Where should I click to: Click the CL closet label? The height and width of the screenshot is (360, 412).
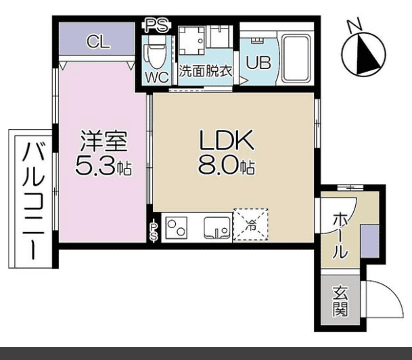pyautogui.click(x=98, y=42)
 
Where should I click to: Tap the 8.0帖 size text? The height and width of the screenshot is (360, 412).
pyautogui.click(x=225, y=164)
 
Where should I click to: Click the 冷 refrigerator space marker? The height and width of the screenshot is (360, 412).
pyautogui.click(x=250, y=225)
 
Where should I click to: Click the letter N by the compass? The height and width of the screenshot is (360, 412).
pyautogui.click(x=352, y=26)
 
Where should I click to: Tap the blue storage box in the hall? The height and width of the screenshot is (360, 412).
pyautogui.click(x=369, y=240)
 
